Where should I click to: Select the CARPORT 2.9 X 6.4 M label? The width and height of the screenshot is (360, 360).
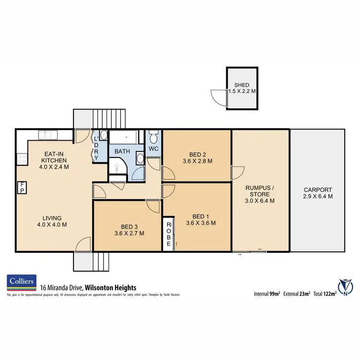click(317, 193)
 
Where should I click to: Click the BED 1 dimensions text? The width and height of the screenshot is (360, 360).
click(201, 223)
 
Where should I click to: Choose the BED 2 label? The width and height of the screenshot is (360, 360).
click(197, 154)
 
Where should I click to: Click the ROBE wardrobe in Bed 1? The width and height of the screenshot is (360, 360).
click(169, 234)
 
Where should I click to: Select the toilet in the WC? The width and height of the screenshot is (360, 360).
click(154, 139)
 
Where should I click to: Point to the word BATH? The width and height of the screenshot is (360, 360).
click(122, 151)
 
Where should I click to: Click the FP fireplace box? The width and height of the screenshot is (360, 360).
click(22, 188)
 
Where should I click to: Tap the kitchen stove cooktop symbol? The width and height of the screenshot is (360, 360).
click(22, 157)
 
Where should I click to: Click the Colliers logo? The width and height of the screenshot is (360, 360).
click(22, 283)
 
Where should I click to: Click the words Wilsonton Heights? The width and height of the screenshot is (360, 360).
click(110, 288)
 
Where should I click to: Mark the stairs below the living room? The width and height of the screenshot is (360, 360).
click(92, 262)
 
